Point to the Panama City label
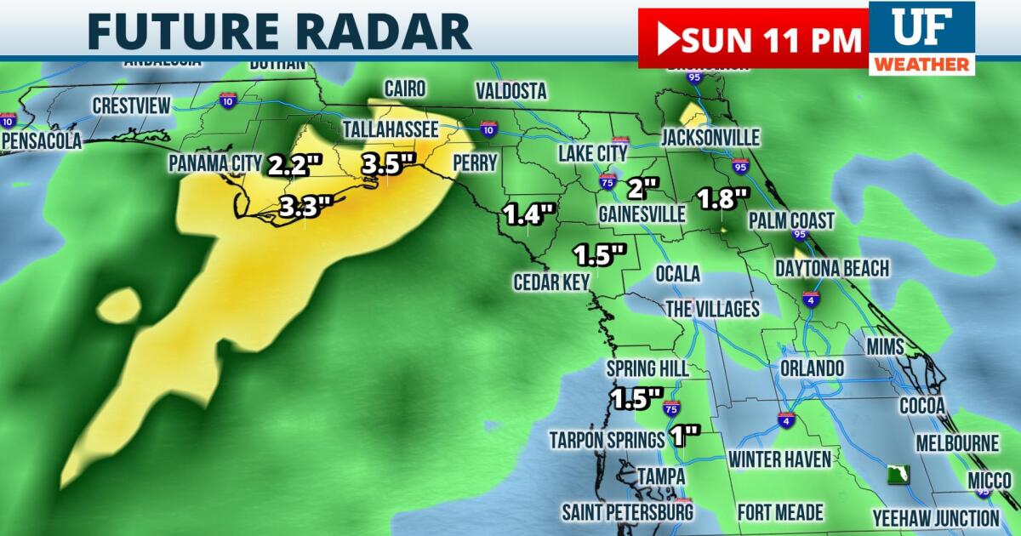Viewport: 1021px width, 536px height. click(x=215, y=163)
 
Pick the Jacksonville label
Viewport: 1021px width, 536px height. click(x=710, y=138)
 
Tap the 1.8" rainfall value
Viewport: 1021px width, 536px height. click(x=722, y=199)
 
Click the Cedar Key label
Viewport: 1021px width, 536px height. click(x=551, y=282)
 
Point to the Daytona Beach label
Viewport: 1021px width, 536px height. click(x=831, y=269)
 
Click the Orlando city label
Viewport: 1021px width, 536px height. click(x=812, y=368)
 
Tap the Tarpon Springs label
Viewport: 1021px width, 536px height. click(x=607, y=440)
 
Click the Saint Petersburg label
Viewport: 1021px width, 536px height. click(x=627, y=512)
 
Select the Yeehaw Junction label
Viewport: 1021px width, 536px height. click(x=936, y=517)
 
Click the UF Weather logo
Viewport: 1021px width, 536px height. click(x=921, y=37)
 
